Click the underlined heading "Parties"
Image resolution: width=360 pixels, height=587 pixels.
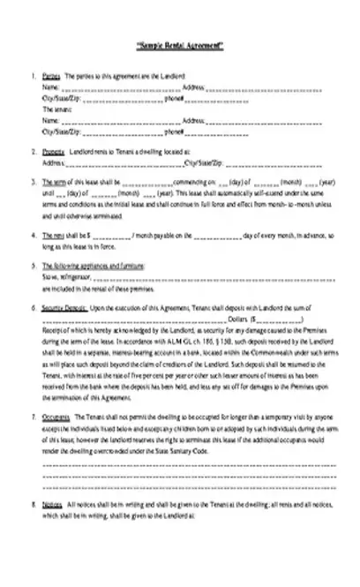click(x=51, y=77)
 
